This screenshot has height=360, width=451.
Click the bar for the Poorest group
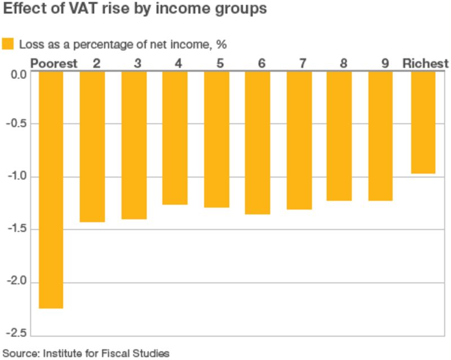pos(50,190)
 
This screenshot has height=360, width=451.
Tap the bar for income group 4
pos(175,138)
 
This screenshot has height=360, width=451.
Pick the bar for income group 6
pos(258,143)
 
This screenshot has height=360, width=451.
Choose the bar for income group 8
pos(339,136)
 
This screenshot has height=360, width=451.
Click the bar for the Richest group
pos(423,122)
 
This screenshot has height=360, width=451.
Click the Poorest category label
pos(54,63)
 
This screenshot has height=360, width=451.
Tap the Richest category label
pos(425,63)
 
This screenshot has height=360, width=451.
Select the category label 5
pos(220,63)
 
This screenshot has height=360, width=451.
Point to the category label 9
pos(385,63)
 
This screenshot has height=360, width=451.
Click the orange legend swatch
pos(8,44)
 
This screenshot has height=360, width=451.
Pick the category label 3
pos(138,63)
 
